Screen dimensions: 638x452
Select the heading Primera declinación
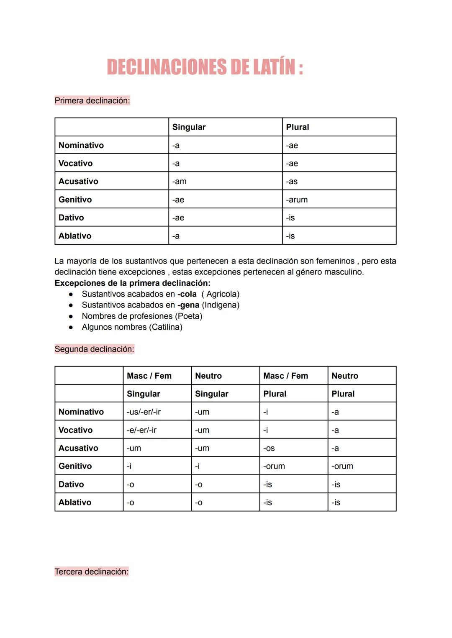[x=92, y=100]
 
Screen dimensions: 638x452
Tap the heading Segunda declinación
[x=94, y=349]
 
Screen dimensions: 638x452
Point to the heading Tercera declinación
[x=91, y=571]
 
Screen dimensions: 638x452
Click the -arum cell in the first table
[x=297, y=200]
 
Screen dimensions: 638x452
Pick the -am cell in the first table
[x=180, y=182]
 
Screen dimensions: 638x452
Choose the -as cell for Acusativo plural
[x=292, y=182]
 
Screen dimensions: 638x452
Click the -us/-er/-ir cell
[x=144, y=412]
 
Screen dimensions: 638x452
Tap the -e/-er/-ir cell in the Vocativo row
[x=141, y=430]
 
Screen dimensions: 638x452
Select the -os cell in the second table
[x=269, y=448]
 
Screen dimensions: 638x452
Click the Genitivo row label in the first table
[x=75, y=200]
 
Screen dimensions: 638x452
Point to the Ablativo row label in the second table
[x=75, y=502]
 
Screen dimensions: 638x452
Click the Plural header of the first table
[x=298, y=127]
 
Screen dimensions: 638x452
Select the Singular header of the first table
[x=189, y=127]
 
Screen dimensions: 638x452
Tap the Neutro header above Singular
[x=208, y=376]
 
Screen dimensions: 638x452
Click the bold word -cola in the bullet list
[x=187, y=294]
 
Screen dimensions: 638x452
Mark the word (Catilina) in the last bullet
[x=167, y=327]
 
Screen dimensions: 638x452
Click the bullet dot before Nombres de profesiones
[x=71, y=316]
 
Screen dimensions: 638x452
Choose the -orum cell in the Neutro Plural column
[x=342, y=466]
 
